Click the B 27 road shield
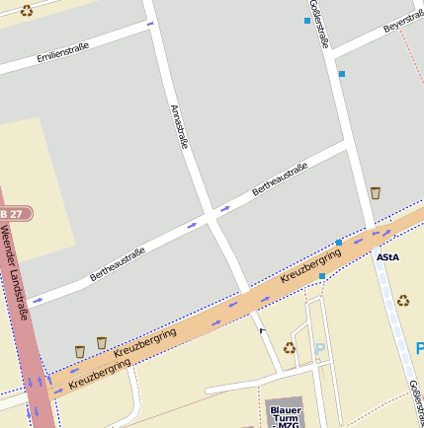15,213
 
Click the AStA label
387,257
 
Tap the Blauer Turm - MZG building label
286,415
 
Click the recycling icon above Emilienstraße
26,11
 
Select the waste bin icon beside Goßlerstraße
376,193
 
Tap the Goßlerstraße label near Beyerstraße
319,25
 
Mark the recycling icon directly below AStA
403,301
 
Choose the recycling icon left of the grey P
290,347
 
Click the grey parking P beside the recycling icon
319,349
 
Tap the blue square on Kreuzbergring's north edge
339,243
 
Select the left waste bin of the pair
80,351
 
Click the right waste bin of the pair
102,343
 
